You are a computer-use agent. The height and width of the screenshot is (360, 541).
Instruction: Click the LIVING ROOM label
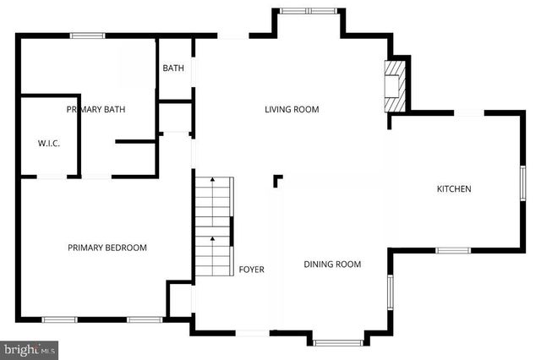292,109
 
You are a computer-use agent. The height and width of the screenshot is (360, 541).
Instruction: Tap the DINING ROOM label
332,265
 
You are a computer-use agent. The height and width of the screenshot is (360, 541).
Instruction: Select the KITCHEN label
453,188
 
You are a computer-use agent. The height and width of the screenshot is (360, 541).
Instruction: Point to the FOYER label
251,270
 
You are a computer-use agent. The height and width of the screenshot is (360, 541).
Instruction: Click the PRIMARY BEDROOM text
107,248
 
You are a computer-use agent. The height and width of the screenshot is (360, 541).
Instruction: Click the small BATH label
173,68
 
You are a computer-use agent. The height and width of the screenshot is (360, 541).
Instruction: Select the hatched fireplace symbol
394,85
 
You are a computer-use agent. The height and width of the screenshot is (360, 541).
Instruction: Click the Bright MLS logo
29,348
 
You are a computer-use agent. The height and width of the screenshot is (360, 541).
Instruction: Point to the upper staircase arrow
213,179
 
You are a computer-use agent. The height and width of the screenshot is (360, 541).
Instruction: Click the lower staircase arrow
213,238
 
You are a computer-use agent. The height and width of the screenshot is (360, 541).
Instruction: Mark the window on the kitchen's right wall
523,184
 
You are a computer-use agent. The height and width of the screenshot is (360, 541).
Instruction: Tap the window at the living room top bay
308,11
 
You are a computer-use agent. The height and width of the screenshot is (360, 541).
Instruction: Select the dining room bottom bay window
337,342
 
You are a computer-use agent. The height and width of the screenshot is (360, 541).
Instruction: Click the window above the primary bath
87,35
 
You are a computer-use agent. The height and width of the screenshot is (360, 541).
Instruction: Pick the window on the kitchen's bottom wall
453,250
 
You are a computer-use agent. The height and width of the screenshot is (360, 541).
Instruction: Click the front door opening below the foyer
251,333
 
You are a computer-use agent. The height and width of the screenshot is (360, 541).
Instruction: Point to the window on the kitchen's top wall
470,113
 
